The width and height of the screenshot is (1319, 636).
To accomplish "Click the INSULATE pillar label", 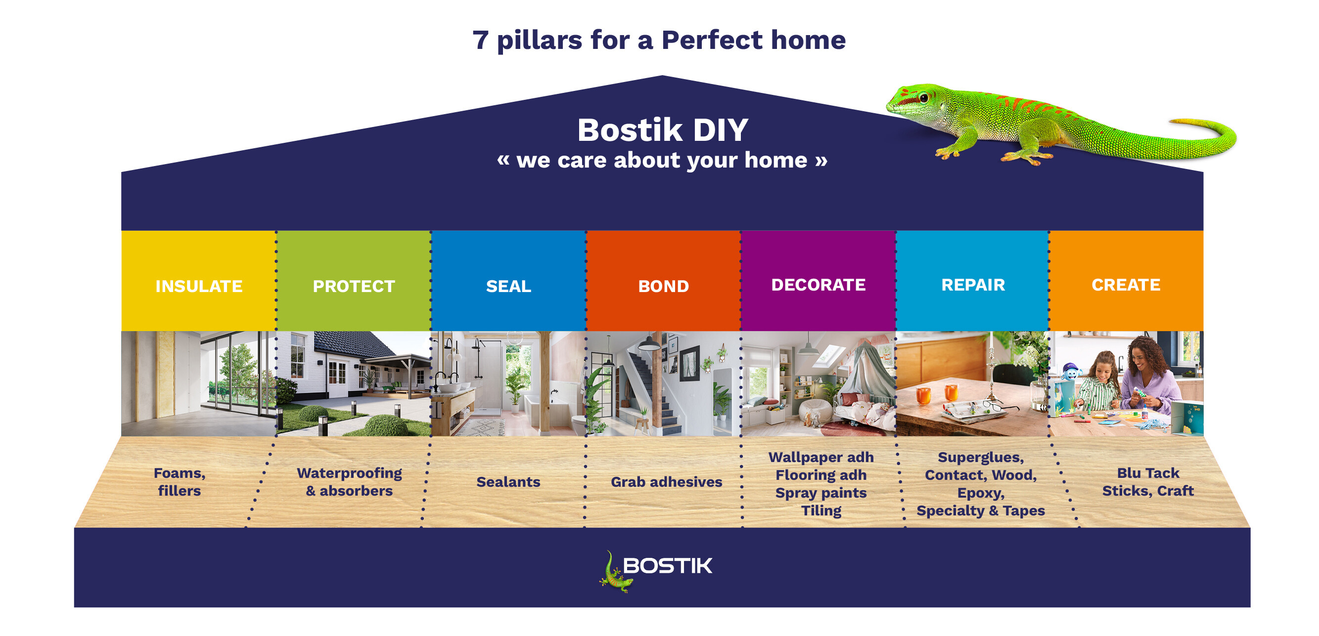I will pyautogui.click(x=199, y=286).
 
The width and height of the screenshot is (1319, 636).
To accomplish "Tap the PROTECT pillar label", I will pyautogui.click(x=354, y=286).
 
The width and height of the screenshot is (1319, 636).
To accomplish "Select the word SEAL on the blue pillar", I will pyautogui.click(x=508, y=286).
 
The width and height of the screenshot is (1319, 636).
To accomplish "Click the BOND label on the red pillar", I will pyautogui.click(x=663, y=286).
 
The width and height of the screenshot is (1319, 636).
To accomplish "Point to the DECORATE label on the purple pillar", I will pyautogui.click(x=818, y=285).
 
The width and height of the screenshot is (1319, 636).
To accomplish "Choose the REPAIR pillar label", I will pyautogui.click(x=973, y=285).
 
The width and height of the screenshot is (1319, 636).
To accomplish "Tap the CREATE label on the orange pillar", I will pyautogui.click(x=1126, y=285).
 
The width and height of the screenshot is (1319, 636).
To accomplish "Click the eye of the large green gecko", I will pyautogui.click(x=923, y=97).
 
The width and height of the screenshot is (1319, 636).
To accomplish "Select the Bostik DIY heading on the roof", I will pyautogui.click(x=663, y=130).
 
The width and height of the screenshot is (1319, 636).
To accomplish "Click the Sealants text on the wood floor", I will pyautogui.click(x=508, y=481).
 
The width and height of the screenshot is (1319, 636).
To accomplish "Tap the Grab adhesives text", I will pyautogui.click(x=666, y=481).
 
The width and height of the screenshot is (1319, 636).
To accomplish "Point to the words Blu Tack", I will pyautogui.click(x=1148, y=473).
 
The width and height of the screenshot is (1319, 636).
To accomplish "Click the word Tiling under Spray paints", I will pyautogui.click(x=821, y=510).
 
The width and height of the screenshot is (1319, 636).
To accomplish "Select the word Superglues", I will pyautogui.click(x=980, y=457).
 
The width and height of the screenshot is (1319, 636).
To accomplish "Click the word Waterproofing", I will pyautogui.click(x=349, y=473).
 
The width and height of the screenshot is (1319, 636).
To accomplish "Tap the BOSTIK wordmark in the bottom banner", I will pyautogui.click(x=667, y=565).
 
